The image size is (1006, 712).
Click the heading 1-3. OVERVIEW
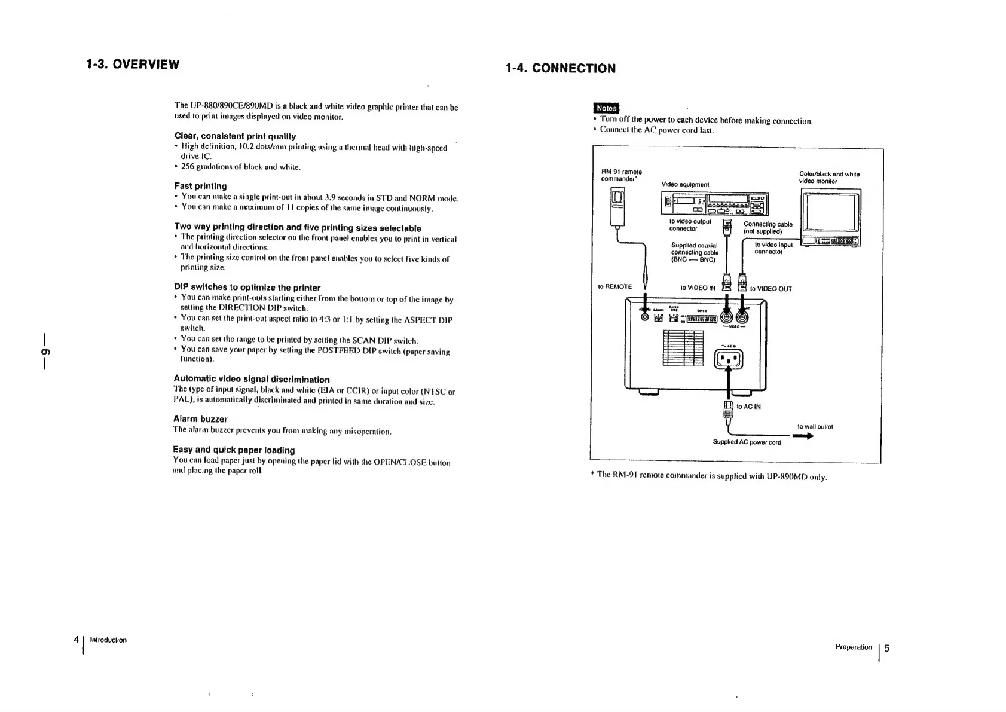pos(132,64)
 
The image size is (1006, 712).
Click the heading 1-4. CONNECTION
pos(560,68)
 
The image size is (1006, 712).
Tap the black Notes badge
pos(606,108)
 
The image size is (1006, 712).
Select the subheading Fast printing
pos(200,186)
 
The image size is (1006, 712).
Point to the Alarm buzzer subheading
pos(200,418)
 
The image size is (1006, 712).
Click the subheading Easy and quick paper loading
pos(234,450)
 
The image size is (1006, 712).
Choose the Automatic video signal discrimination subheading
pos(251,379)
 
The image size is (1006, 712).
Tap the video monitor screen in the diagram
pos(830,211)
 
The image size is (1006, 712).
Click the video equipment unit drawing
pos(714,204)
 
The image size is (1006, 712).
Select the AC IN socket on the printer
pos(728,359)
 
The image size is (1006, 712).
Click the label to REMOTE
pos(614,287)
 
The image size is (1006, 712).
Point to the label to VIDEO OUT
pos(770,289)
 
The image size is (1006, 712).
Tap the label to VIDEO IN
pos(698,288)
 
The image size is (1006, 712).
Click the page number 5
pos(886,648)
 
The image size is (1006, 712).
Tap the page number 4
pos(76,640)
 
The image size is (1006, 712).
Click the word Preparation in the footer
pos(853,647)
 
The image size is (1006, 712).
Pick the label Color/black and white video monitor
pos(829,178)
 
